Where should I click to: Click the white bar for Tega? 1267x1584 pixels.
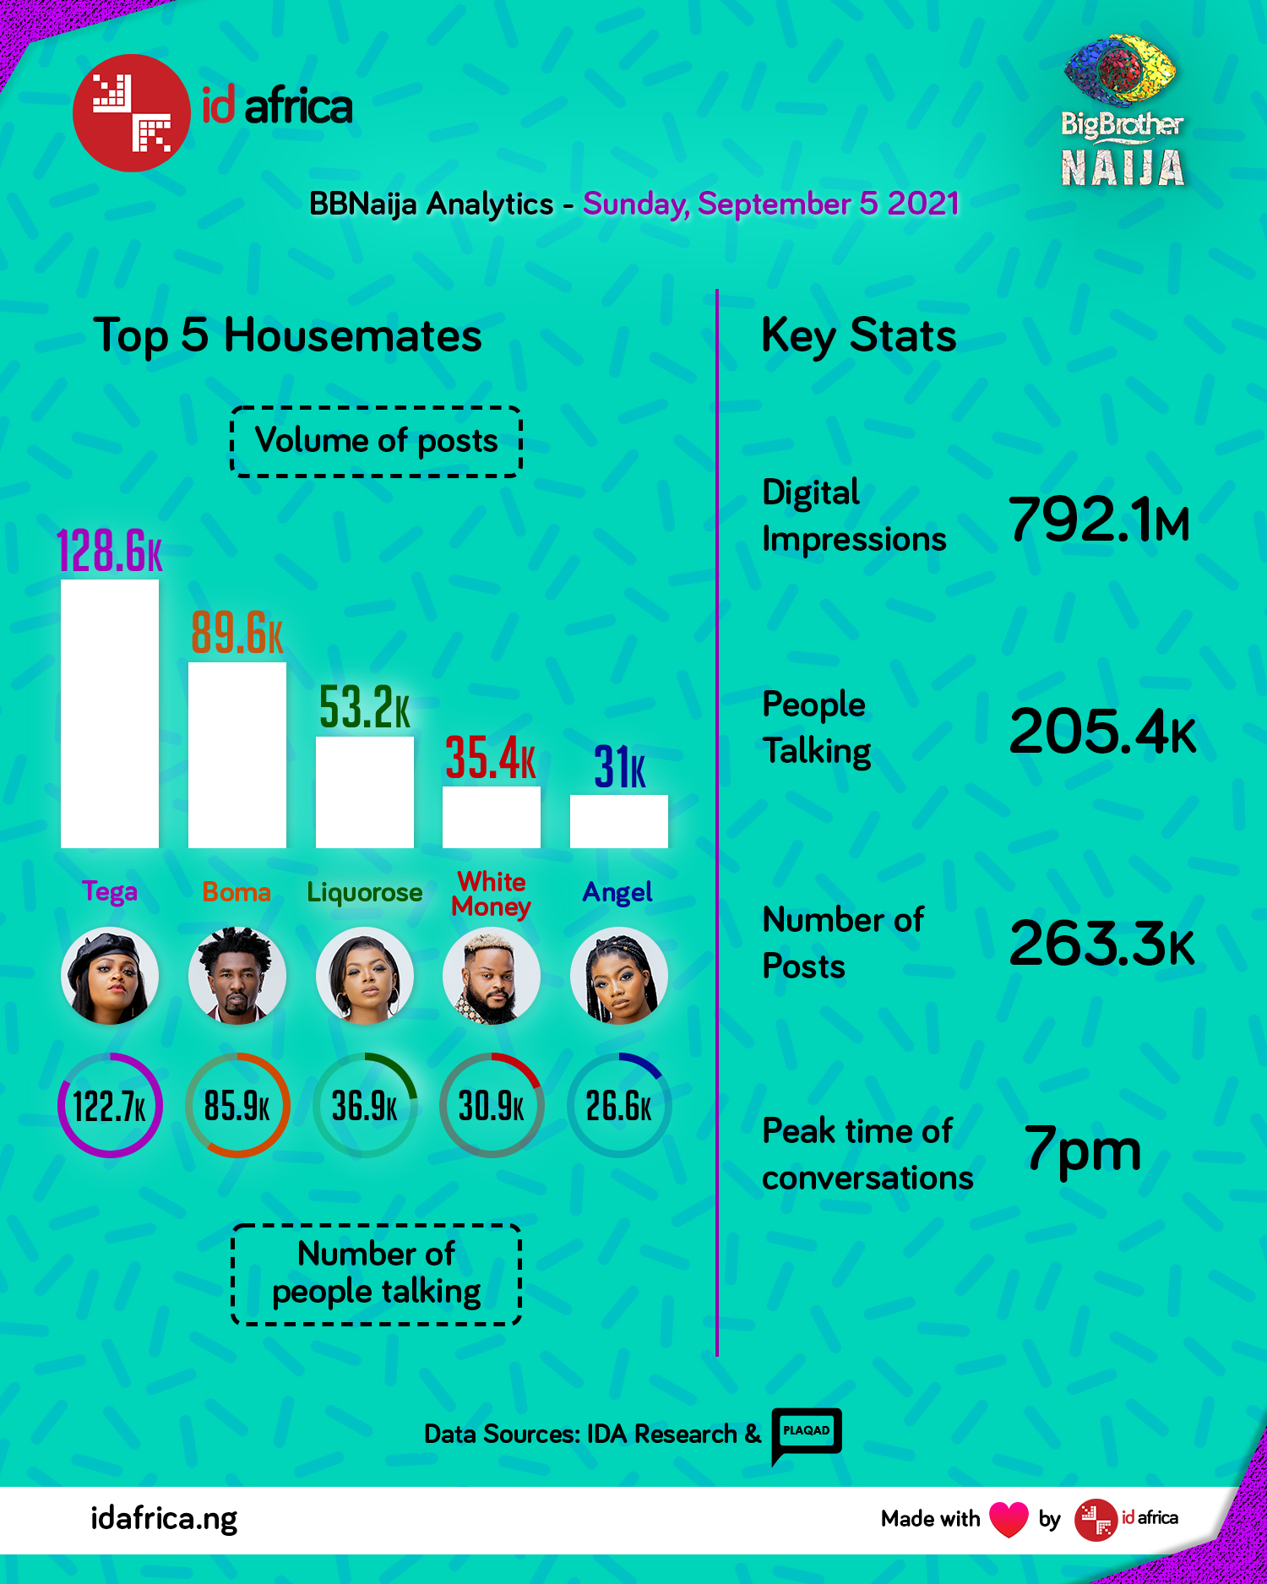tap(110, 714)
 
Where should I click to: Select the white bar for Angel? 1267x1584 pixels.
tap(619, 821)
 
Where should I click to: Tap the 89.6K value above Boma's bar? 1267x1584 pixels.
tap(237, 633)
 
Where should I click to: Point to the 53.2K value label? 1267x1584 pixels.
tap(365, 707)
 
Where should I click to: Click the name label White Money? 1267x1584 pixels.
tap(492, 894)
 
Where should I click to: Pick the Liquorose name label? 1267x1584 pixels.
tap(365, 892)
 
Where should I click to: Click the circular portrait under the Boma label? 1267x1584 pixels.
tap(237, 976)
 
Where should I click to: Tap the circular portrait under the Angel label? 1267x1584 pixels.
tap(619, 976)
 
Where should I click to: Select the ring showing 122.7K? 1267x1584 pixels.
tap(110, 1105)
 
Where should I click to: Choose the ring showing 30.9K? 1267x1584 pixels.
tap(492, 1105)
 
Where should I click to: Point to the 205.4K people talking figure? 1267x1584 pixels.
tap(1102, 731)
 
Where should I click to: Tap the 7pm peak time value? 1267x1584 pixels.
tap(1083, 1149)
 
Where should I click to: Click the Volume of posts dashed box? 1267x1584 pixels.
tap(377, 441)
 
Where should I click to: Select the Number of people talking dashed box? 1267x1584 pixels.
tap(377, 1274)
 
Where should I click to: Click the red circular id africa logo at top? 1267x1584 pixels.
tap(132, 113)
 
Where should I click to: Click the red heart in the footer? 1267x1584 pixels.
tap(1009, 1519)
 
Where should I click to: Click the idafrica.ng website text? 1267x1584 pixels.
tap(164, 1519)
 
